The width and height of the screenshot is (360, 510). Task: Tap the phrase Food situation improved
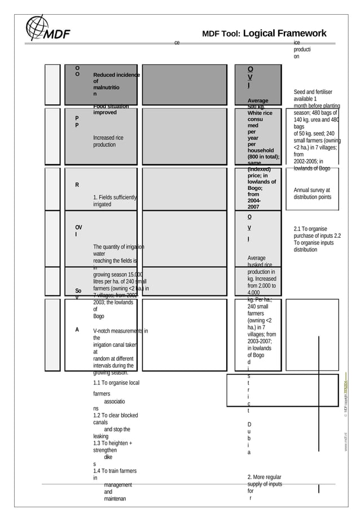click(x=111, y=109)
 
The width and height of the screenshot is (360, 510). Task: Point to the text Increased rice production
click(x=108, y=141)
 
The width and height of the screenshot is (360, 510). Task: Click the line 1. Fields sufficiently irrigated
click(x=115, y=200)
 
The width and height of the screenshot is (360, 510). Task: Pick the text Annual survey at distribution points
click(x=312, y=194)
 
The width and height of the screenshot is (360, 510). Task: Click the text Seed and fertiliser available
click(x=313, y=95)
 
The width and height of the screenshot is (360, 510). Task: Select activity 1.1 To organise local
click(x=116, y=383)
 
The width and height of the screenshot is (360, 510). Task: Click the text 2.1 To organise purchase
click(x=317, y=232)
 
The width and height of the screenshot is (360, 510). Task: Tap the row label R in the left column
click(x=77, y=185)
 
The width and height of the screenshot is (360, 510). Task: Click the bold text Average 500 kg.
click(x=258, y=104)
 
